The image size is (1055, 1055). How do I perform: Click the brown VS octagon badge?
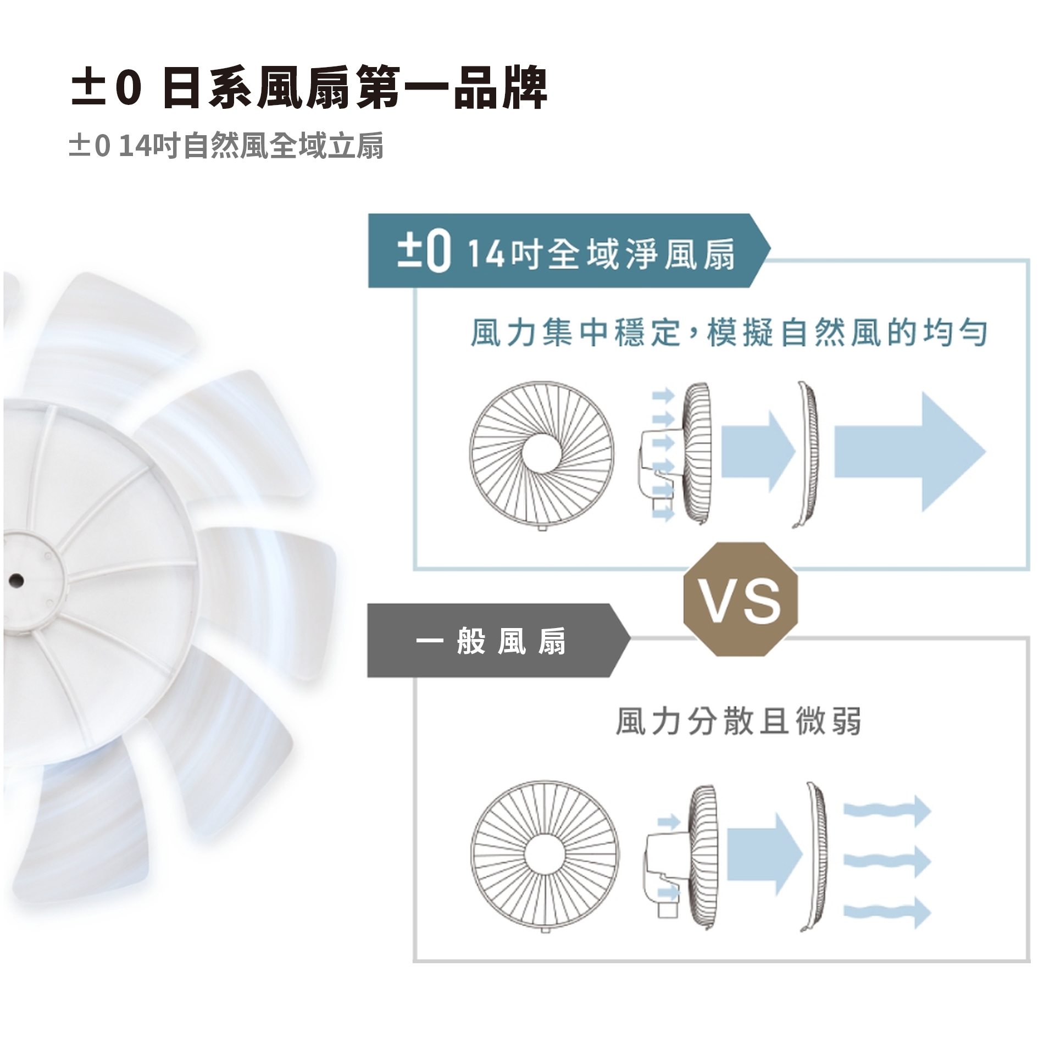click(x=740, y=599)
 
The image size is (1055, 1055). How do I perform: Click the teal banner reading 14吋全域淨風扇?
click(x=569, y=251)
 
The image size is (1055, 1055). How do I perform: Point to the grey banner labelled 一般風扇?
click(x=498, y=640)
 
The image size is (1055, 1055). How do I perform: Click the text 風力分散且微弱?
click(x=738, y=721)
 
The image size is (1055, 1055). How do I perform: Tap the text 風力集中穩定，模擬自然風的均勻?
click(x=729, y=333)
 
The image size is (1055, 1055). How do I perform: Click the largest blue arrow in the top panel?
click(x=910, y=452)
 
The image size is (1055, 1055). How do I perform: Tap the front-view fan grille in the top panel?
click(x=542, y=453)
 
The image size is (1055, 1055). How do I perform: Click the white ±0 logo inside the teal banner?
click(x=424, y=251)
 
